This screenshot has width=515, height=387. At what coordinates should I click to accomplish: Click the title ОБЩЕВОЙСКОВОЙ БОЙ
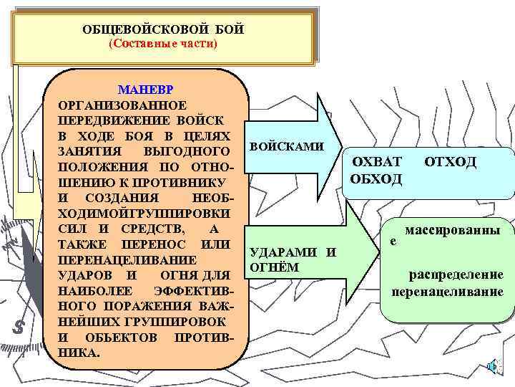tap(164, 29)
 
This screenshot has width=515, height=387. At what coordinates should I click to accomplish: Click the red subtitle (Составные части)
tap(163, 44)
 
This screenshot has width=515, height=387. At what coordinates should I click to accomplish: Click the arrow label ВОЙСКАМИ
tap(286, 146)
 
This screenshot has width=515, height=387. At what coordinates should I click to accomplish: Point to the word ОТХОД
tap(450, 162)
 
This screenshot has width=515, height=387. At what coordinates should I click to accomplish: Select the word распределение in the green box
tap(456, 275)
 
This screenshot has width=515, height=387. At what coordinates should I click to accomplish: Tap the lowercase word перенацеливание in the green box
tap(447, 292)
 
